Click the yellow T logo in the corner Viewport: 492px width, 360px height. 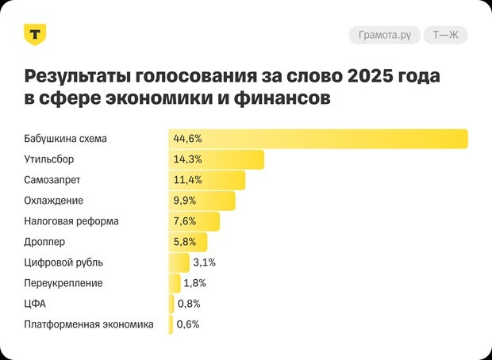click(36, 35)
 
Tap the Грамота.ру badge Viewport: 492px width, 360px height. click(383, 35)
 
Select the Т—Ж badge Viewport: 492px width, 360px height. click(445, 35)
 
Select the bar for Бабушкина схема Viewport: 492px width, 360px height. click(317, 139)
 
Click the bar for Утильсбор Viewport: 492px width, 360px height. click(216, 159)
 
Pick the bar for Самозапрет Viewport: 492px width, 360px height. click(206, 180)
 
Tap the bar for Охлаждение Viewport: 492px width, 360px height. click(202, 201)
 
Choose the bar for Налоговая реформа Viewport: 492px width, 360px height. click(194, 221)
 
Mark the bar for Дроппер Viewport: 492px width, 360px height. click(187, 242)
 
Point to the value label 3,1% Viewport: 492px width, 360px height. click(205, 262)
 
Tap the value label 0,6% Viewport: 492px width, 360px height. click(188, 324)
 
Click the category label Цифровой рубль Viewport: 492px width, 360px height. click(63, 262)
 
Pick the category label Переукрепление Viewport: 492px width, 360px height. click(63, 283)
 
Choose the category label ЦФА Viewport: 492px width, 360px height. click(36, 304)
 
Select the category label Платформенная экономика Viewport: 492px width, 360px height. click(89, 324)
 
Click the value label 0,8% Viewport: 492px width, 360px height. click(189, 304)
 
